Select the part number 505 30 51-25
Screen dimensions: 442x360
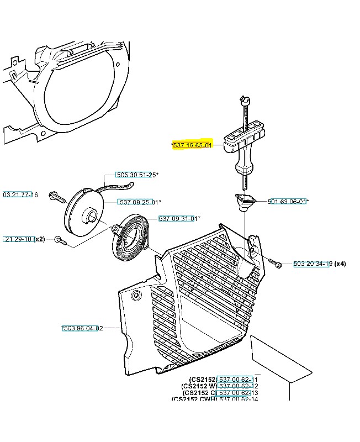[x=135, y=175]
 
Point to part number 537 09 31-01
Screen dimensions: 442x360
[x=179, y=219]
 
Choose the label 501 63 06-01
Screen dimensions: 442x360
[x=287, y=202]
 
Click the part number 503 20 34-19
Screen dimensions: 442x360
[x=312, y=264]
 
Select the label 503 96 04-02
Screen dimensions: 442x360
[x=83, y=328]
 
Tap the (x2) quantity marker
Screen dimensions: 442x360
[x=39, y=239]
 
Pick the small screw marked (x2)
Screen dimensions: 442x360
[x=60, y=240]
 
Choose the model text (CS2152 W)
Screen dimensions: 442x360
[x=199, y=386]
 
